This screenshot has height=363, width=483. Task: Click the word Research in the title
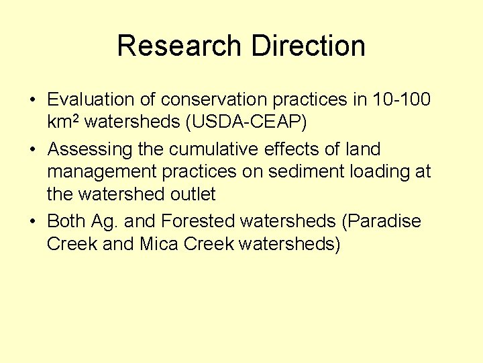coord(179,46)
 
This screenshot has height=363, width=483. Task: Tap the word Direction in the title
coord(308,46)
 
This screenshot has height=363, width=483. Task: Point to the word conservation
coord(213,99)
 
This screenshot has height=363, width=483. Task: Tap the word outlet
coord(193,194)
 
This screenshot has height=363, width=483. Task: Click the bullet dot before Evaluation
coord(32,100)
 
